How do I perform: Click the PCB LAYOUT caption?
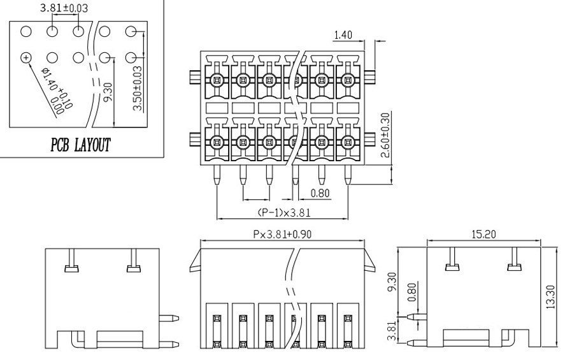click(80, 145)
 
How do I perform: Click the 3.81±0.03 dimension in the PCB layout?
click(64, 8)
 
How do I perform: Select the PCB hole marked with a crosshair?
click(26, 57)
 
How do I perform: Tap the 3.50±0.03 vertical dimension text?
click(138, 89)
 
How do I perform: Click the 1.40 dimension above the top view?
click(343, 35)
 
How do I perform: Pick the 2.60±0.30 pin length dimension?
click(385, 135)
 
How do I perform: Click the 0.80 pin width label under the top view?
click(320, 194)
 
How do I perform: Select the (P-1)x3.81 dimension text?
click(283, 213)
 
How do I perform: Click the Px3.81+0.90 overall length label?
click(282, 234)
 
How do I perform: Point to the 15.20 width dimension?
click(483, 234)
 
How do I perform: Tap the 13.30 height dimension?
click(550, 297)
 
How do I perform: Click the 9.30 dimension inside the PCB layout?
click(108, 92)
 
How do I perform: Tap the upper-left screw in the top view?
click(217, 79)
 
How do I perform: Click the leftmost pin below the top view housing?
click(217, 175)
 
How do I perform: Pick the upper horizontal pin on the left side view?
click(169, 318)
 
